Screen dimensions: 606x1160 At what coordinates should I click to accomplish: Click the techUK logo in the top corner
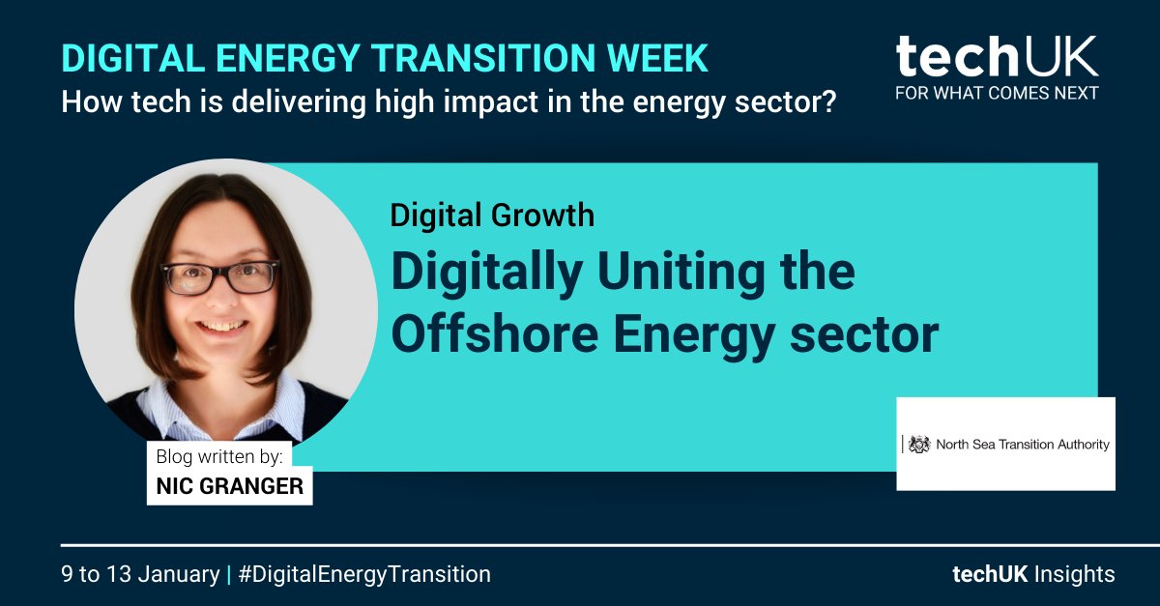tap(997, 58)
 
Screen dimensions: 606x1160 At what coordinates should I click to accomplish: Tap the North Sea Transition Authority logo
tap(1005, 444)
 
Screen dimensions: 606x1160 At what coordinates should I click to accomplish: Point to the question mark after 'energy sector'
tap(826, 101)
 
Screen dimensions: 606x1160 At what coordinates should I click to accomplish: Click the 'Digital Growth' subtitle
tap(492, 214)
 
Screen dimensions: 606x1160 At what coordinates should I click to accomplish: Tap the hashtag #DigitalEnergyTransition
tap(364, 574)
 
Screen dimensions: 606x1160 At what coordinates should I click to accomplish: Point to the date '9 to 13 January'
tap(140, 574)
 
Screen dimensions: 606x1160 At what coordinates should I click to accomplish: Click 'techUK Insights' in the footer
tap(1032, 574)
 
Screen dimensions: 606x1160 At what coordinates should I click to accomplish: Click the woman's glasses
tap(220, 276)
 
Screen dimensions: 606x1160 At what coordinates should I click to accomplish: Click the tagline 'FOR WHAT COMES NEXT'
tap(997, 94)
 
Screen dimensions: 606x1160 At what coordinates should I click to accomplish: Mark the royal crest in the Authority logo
tap(920, 445)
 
